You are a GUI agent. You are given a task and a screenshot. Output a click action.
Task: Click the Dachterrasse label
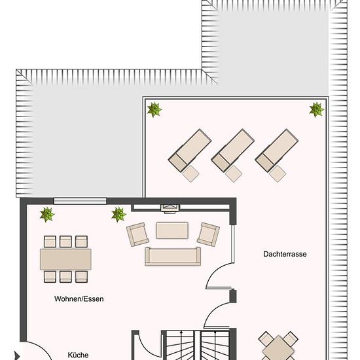285,254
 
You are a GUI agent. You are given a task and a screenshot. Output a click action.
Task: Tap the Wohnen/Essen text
79,298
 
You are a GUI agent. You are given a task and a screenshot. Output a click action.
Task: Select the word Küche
78,355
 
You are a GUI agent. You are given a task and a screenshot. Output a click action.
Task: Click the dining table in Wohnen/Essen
65,259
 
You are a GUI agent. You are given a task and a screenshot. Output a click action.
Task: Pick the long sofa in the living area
173,257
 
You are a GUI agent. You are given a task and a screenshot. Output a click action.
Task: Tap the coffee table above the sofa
172,230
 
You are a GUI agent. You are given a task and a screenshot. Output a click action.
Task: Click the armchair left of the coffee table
137,234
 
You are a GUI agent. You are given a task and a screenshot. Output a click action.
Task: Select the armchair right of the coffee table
208,234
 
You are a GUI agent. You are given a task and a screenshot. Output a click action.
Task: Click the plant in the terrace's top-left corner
154,109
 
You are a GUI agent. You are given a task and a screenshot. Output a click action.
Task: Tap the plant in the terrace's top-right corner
317,109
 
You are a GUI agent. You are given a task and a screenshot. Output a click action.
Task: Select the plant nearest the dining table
47,215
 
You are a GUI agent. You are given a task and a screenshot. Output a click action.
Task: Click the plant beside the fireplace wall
118,215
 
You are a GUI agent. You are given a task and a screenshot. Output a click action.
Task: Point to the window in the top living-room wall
80,201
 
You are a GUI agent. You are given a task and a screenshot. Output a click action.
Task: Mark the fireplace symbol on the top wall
170,208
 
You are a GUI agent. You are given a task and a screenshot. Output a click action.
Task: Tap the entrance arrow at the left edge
17,355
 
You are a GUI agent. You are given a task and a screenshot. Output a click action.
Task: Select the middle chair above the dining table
65,242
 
